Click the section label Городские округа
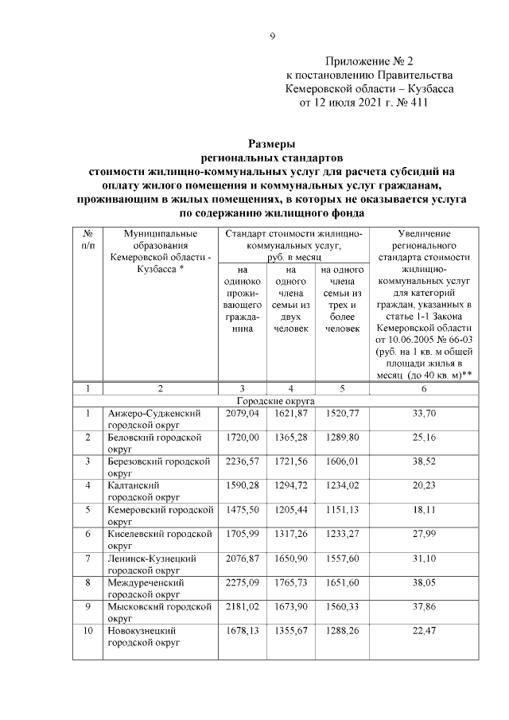pyautogui.click(x=276, y=402)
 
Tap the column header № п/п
pyautogui.click(x=87, y=240)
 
